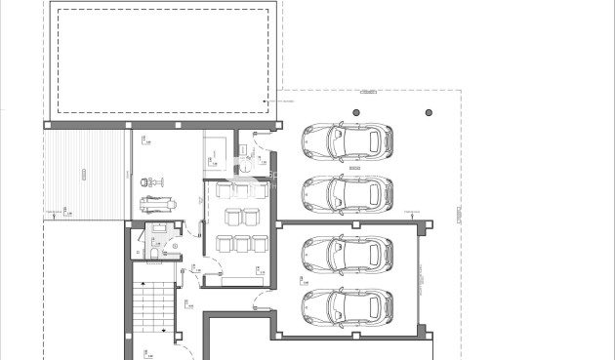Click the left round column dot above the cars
[x=355, y=113]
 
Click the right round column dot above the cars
[x=428, y=113]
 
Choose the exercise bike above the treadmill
[x=149, y=181]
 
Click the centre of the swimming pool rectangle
[x=163, y=59]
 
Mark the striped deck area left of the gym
[x=87, y=175]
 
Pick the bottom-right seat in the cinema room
[x=260, y=243]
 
